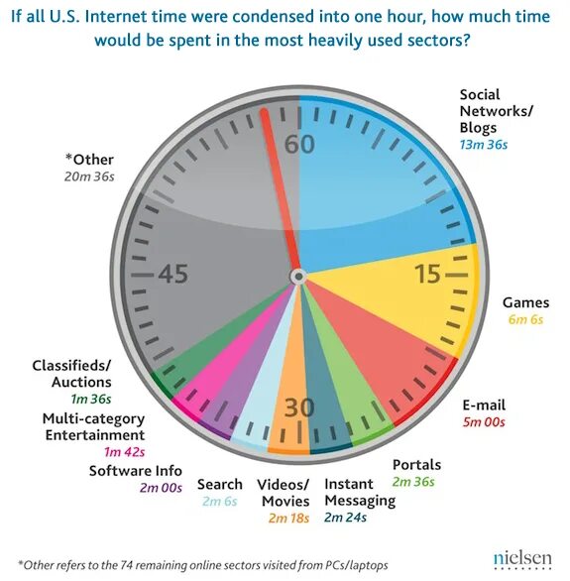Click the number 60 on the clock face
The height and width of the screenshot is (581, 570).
(x=299, y=144)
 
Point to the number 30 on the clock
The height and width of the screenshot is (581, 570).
(x=297, y=407)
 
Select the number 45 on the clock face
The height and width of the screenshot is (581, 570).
(x=172, y=275)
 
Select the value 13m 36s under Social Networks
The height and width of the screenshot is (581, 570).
(x=483, y=145)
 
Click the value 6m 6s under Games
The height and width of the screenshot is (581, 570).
(x=522, y=321)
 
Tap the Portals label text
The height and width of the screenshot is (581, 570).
(x=416, y=464)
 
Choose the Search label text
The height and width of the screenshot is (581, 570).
(x=219, y=484)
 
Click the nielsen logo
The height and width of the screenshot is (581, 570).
(x=522, y=558)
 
